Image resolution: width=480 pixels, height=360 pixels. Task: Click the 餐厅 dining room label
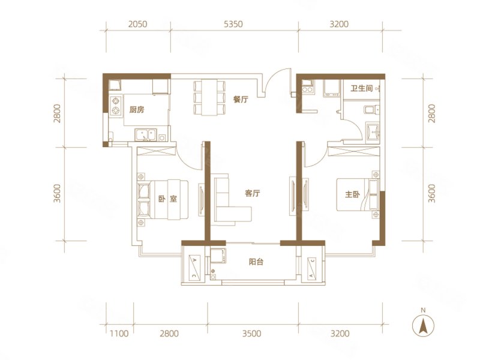241,100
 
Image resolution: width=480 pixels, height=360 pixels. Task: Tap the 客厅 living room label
253,193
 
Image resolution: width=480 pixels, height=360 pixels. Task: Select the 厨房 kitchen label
137,110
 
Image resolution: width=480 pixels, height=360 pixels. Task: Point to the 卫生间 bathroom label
362,88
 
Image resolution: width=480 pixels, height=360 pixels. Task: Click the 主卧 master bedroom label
352,194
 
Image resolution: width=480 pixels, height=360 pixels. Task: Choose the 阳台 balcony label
256,262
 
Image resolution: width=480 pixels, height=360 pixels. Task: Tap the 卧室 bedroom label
167,199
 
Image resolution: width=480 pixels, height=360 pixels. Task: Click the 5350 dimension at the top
233,24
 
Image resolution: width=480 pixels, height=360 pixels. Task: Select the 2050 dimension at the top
137,24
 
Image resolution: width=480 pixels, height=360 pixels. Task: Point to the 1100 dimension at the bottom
119,334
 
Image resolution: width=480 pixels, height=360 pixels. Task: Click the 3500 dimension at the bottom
252,334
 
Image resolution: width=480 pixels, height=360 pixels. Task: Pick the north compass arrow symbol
424,325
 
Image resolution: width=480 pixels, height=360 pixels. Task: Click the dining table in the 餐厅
209,97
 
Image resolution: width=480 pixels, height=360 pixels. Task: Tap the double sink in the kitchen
145,134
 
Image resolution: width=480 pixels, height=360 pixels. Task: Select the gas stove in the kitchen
116,106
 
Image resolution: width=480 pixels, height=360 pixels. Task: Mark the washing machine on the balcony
218,256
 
